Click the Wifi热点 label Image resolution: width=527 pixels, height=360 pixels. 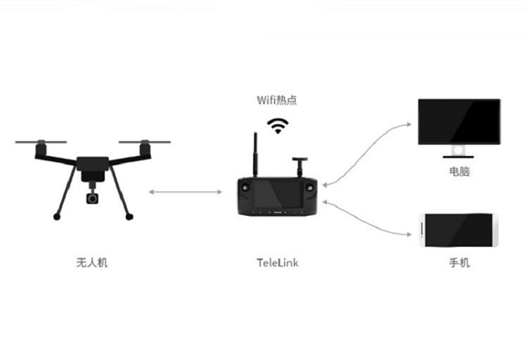(277, 100)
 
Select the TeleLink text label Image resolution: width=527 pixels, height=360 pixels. (278, 263)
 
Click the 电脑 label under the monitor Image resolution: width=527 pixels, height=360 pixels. (459, 171)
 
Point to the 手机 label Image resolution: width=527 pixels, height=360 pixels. (459, 263)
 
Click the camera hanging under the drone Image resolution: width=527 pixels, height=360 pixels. (93, 198)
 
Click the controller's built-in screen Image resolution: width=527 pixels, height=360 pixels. (280, 193)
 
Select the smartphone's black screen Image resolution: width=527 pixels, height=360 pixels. (460, 230)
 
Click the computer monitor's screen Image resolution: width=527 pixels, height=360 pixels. (460, 121)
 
